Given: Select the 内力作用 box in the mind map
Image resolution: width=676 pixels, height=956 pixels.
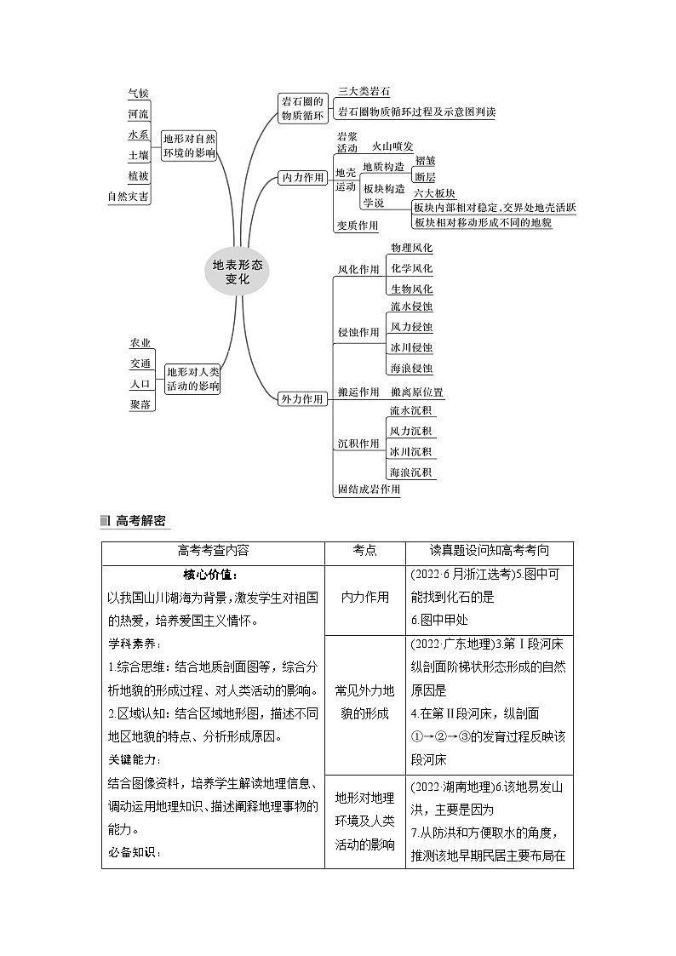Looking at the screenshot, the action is [x=303, y=177].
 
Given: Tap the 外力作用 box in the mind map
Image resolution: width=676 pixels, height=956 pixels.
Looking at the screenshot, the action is [x=303, y=398].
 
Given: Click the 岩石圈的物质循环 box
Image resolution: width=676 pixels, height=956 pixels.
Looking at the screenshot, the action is [x=303, y=108].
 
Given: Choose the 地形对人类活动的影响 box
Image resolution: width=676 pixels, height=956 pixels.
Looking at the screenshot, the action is [x=192, y=379].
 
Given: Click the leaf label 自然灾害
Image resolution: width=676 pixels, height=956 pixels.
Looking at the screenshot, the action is [x=129, y=197].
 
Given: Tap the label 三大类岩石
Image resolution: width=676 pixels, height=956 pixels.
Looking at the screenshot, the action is [x=364, y=91].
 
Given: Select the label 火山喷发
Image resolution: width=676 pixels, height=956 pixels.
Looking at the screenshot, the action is [x=392, y=146].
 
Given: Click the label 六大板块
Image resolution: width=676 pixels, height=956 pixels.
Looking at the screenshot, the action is [x=434, y=193].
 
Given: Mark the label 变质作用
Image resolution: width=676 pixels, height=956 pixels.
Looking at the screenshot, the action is [x=357, y=226].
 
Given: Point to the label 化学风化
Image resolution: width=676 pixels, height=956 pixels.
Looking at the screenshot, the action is [x=411, y=268].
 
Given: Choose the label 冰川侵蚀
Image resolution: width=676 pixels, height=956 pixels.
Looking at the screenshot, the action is [x=411, y=347].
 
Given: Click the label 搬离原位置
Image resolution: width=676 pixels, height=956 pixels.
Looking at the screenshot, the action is [x=416, y=392].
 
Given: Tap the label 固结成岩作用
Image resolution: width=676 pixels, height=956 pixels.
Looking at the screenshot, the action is [x=368, y=489].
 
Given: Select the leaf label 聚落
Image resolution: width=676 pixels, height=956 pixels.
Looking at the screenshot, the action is [x=140, y=405].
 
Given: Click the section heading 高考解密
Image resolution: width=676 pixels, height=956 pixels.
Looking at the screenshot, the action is [x=140, y=521].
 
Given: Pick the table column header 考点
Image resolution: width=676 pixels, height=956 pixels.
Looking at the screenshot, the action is [x=364, y=552].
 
